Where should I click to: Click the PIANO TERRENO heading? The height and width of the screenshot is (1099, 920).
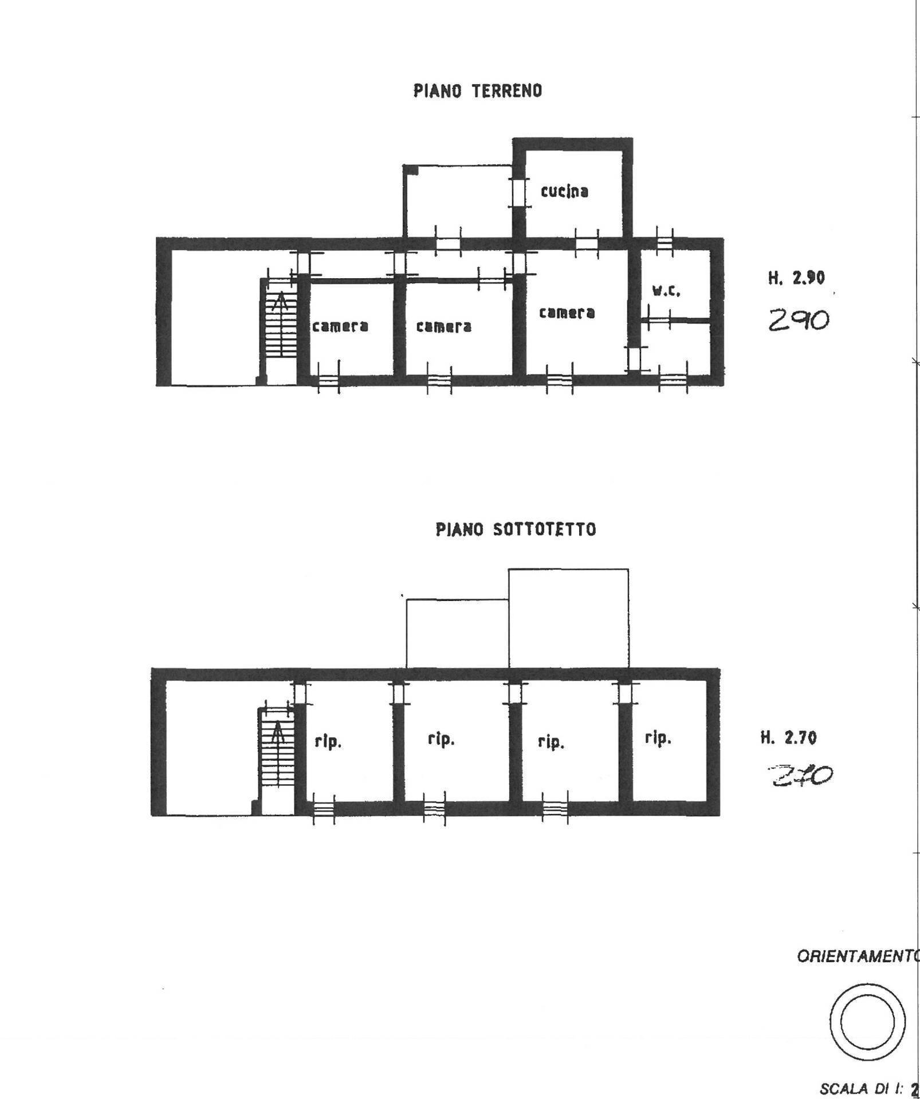477,91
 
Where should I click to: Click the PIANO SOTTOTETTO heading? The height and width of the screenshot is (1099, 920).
516,529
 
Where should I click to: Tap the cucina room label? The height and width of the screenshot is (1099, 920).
565,191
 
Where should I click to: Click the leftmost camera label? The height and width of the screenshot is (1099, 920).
340,326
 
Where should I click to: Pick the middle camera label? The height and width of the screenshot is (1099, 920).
444,326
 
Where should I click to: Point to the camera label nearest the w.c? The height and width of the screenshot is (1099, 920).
567,313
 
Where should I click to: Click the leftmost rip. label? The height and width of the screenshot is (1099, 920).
328,742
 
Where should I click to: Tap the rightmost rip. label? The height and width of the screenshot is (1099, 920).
658,738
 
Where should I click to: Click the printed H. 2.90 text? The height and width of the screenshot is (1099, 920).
796,279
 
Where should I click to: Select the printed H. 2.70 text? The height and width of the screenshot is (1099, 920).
788,738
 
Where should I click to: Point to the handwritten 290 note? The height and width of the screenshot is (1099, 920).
799,321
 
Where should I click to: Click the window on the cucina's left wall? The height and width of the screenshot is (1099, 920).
518,192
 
